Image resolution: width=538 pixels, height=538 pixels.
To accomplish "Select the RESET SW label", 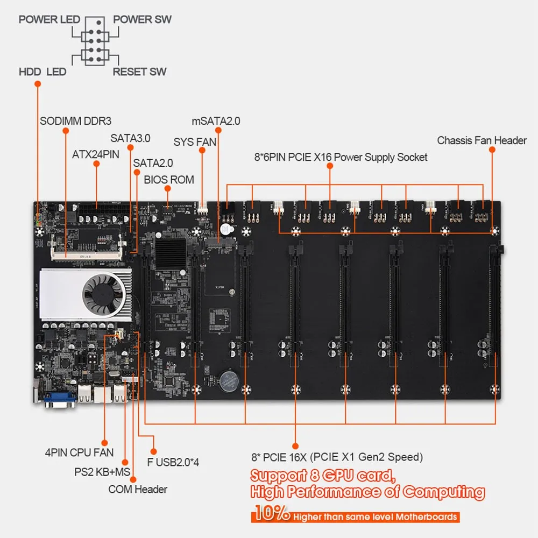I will pyautogui.click(x=139, y=71).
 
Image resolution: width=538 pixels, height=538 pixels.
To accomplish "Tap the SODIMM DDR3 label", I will pyautogui.click(x=75, y=121).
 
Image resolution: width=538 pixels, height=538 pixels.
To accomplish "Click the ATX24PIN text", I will pyautogui.click(x=96, y=155).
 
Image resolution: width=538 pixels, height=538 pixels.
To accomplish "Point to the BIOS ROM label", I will pyautogui.click(x=168, y=179).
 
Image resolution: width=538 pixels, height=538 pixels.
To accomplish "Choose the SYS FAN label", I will pyautogui.click(x=195, y=142).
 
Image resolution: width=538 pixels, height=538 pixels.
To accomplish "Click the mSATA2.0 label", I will pyautogui.click(x=216, y=121).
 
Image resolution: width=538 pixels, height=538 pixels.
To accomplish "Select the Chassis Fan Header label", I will pyautogui.click(x=482, y=140).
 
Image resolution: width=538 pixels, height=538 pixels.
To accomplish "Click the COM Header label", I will pyautogui.click(x=137, y=489).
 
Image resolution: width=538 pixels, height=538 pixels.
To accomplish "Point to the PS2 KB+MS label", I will pyautogui.click(x=103, y=472).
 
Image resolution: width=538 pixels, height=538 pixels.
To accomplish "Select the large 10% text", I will pyautogui.click(x=271, y=515).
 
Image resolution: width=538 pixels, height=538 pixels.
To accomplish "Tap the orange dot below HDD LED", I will pyautogui.click(x=38, y=84).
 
